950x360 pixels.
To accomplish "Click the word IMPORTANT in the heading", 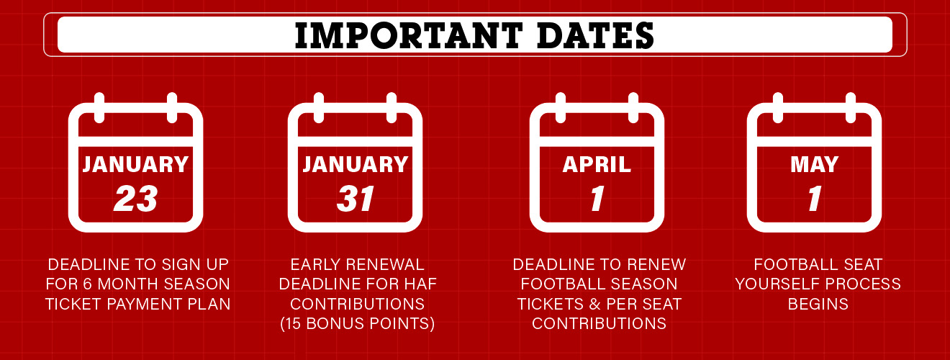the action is (409, 35).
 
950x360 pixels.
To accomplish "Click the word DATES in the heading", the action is (595, 35).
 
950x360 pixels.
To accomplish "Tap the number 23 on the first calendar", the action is (136, 199).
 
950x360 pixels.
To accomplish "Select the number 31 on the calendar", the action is (356, 199).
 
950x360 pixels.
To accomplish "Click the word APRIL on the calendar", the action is (597, 165).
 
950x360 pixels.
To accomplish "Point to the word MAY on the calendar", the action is (814, 165).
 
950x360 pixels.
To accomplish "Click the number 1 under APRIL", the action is (597, 199).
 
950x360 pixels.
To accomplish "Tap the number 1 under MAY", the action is (815, 199).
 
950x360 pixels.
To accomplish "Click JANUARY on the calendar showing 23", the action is (136, 165).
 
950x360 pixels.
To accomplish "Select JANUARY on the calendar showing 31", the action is (356, 165).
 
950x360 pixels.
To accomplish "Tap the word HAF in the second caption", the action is (420, 284).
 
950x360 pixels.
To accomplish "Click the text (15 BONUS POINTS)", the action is (358, 324).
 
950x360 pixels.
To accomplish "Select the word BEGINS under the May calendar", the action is (818, 304).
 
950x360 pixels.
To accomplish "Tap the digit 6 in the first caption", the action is (87, 284).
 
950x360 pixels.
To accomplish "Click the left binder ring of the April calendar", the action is (560, 108).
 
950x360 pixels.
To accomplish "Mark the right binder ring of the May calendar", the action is (851, 108).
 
